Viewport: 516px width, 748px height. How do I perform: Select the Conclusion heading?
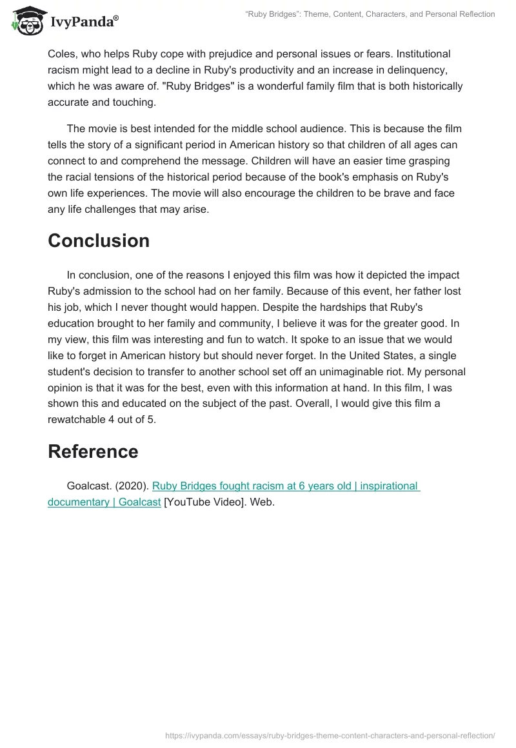(99, 241)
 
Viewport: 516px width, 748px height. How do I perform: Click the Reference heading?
(93, 451)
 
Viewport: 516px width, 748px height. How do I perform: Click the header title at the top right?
(370, 14)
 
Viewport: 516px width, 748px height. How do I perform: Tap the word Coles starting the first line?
(63, 54)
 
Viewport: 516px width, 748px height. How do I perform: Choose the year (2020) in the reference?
(132, 486)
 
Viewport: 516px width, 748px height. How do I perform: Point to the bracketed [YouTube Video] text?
(202, 502)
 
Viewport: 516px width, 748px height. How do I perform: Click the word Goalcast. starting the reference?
(89, 486)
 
